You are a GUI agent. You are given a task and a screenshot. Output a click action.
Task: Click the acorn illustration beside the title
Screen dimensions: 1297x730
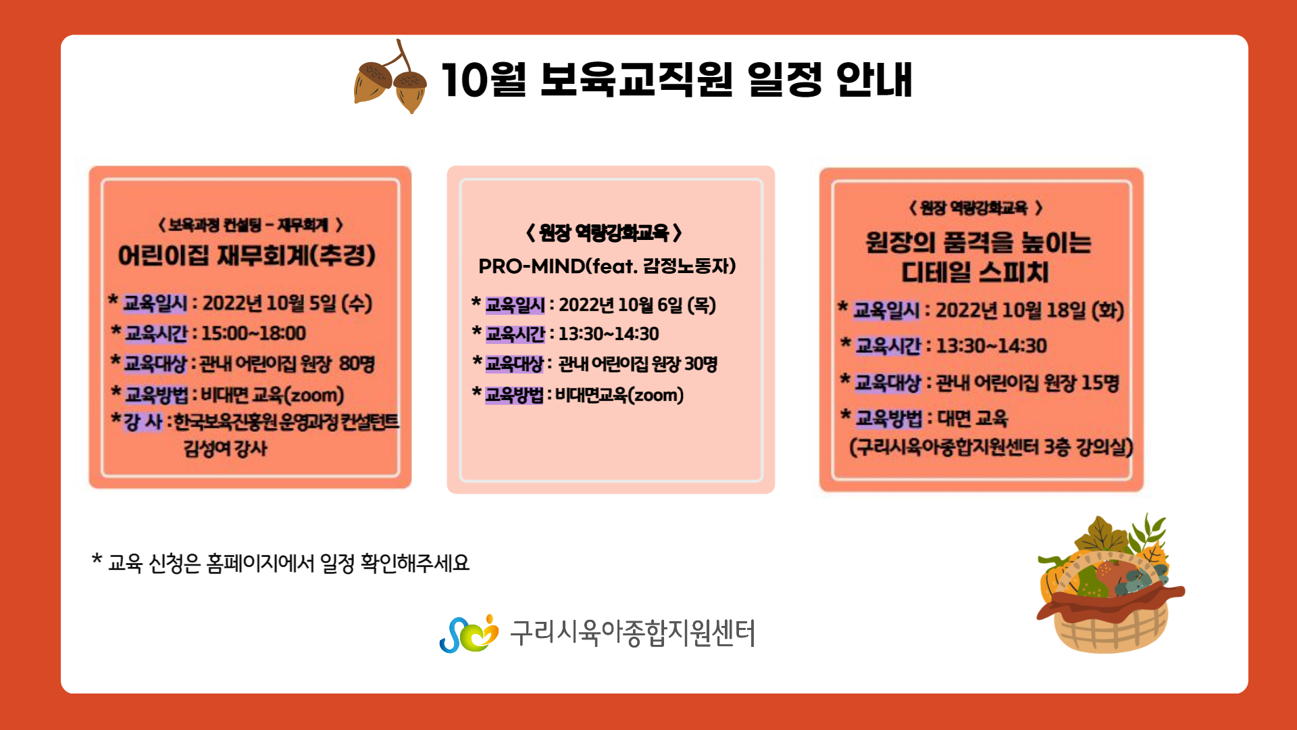pos(390,78)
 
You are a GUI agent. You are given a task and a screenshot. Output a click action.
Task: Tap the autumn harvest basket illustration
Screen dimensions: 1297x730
pos(1110,584)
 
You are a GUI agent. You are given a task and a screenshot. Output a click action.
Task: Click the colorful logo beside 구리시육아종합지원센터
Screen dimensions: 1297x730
pos(469,634)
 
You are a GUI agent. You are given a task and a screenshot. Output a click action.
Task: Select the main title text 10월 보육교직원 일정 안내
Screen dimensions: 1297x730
pos(677,80)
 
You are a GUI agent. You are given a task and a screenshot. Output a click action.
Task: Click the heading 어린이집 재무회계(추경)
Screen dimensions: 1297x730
pos(247,255)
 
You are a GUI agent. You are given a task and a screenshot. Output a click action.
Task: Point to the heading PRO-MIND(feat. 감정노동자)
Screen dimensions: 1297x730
pos(607,266)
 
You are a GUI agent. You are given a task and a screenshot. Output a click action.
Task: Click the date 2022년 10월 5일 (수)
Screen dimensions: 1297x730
pos(288,303)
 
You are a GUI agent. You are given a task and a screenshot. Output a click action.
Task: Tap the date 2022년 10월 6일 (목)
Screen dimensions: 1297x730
pos(637,306)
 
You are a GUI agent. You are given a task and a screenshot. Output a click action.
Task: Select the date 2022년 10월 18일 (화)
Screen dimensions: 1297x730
pos(1029,310)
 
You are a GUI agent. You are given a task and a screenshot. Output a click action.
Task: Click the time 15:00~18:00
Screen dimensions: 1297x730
pos(254,333)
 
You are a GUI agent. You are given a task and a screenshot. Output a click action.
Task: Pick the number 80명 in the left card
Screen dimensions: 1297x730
pos(357,364)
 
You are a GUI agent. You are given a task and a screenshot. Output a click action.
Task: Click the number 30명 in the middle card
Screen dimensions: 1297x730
pos(701,364)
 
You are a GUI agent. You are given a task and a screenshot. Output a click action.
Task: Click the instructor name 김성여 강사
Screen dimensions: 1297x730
pos(226,448)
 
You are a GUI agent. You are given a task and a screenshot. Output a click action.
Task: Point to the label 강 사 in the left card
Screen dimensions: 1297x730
pos(143,422)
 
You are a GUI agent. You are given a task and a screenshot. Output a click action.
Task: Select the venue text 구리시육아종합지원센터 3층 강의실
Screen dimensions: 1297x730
pos(991,447)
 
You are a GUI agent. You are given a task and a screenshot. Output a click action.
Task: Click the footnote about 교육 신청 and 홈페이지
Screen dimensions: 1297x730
pos(281,563)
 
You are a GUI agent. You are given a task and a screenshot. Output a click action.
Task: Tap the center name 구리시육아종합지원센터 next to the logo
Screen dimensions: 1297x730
pos(632,633)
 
